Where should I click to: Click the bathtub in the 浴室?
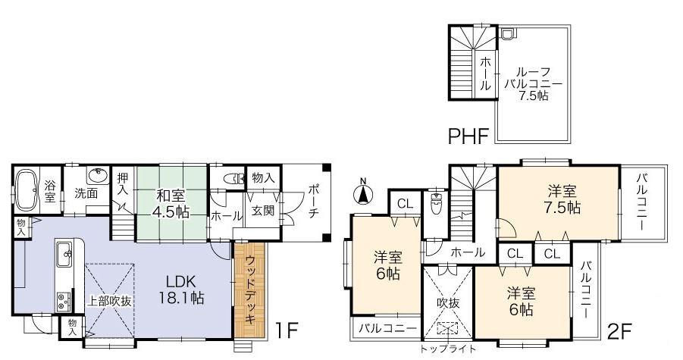27,189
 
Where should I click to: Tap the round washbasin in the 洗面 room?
96,177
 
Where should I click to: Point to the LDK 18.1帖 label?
181,289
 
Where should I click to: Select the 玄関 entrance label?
262,210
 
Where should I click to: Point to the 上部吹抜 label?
109,300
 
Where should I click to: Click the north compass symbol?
363,192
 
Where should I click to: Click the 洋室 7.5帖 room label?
560,198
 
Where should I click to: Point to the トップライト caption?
450,349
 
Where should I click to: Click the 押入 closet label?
123,184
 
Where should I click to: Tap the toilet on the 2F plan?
437,203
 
